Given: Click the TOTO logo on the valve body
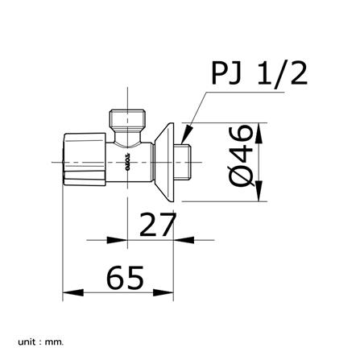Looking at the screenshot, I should click(127, 162).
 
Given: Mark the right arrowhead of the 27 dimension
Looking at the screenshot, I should click(186, 238).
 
